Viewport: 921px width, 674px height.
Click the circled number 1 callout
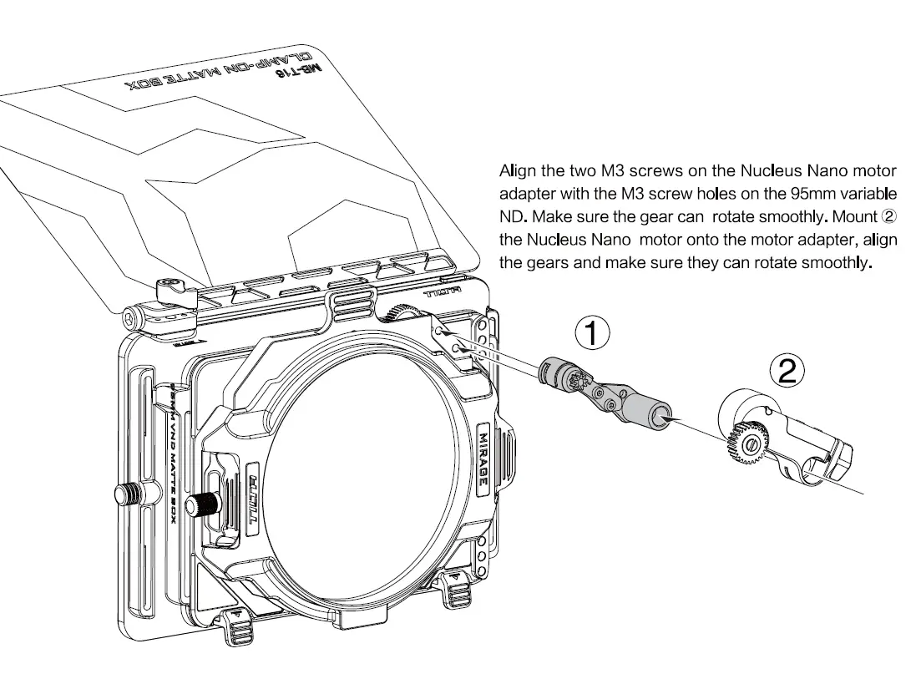pos(592,334)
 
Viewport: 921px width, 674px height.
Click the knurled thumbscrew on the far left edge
pos(129,494)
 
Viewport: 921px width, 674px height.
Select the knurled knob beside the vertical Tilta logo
pos(203,503)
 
